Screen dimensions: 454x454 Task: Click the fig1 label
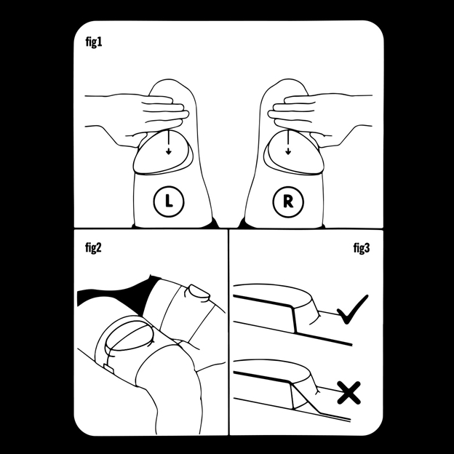coord(94,42)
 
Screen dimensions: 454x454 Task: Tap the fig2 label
coord(94,248)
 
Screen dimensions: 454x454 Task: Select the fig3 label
coord(362,248)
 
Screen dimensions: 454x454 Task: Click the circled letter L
coord(169,202)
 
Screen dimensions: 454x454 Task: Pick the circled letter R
coord(288,202)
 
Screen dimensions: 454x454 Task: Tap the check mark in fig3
coord(352,310)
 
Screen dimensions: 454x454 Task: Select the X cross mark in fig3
coord(349,393)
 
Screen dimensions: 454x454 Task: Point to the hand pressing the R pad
coord(319,119)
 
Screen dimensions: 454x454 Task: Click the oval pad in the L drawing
coord(163,153)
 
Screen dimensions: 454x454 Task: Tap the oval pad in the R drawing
coord(294,153)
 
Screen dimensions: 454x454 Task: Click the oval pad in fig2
coord(129,336)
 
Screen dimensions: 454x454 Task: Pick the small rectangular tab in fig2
coord(109,369)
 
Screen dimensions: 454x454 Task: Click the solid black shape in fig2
coord(116,292)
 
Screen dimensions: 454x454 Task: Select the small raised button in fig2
coord(199,292)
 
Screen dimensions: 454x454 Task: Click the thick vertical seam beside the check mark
coord(294,319)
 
